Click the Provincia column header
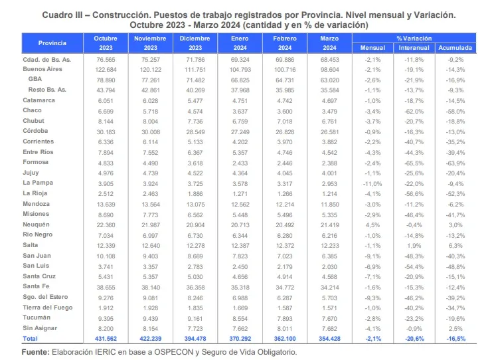point(52,43)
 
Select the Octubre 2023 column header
point(105,43)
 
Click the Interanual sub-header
point(414,48)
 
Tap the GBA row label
point(35,79)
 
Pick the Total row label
point(31,339)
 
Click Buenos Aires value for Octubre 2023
point(106,69)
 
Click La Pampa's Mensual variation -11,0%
point(372,183)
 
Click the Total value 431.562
point(106,339)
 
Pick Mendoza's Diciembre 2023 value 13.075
point(195,204)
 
